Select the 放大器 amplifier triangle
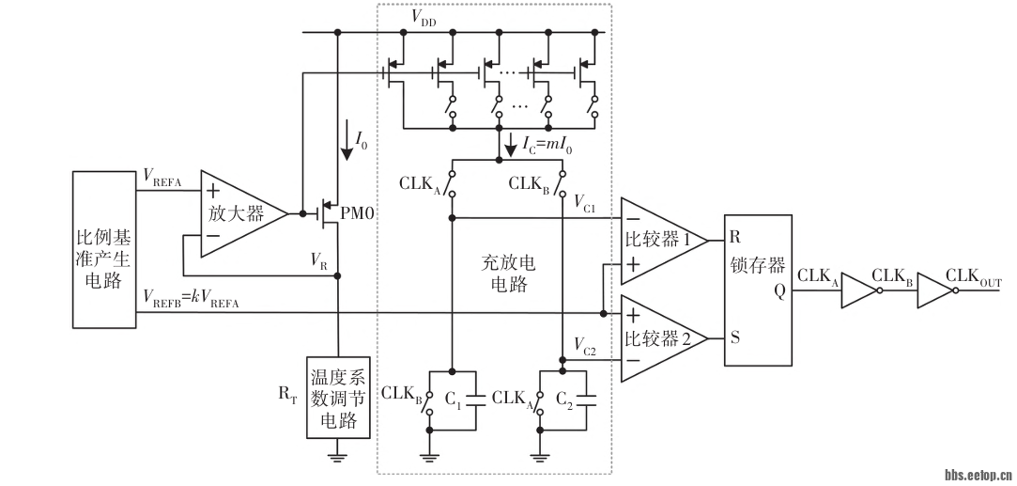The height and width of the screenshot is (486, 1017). point(230,213)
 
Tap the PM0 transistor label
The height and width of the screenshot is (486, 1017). point(358,214)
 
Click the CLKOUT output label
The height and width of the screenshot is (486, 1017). point(973,275)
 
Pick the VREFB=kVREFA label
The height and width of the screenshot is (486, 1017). point(193,297)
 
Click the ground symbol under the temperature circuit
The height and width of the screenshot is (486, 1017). point(337,457)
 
